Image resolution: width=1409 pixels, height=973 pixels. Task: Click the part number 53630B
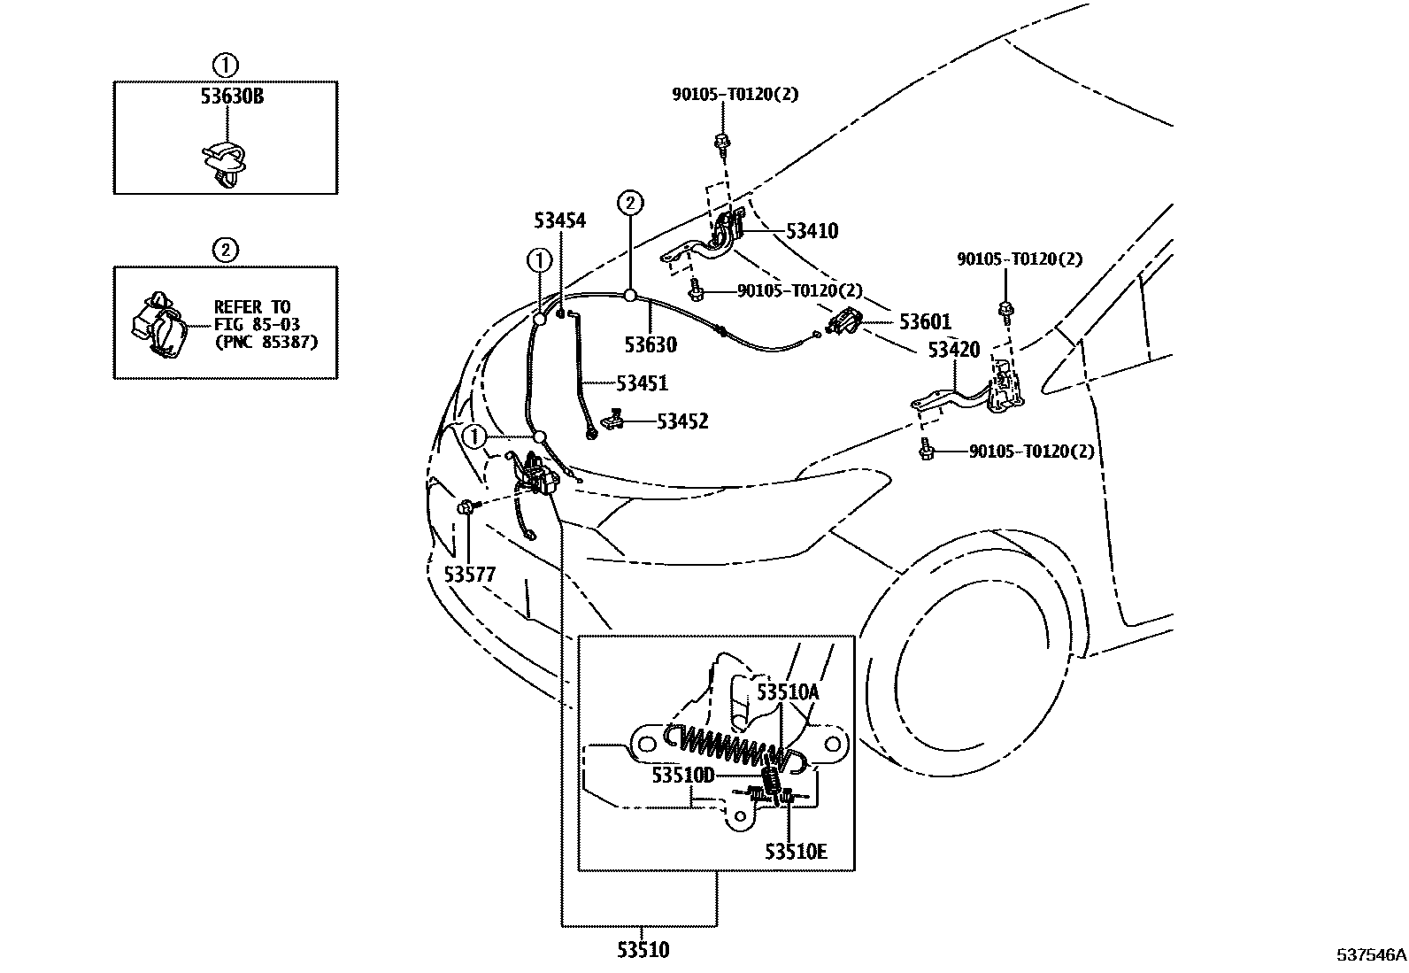pyautogui.click(x=231, y=97)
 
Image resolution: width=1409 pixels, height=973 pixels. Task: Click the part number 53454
pyautogui.click(x=559, y=220)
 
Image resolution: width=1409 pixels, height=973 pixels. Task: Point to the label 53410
pyautogui.click(x=812, y=231)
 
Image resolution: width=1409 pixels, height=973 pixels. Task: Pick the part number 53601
pyautogui.click(x=925, y=322)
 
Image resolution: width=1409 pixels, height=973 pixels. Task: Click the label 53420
pyautogui.click(x=954, y=350)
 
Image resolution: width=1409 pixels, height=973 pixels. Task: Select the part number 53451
pyautogui.click(x=642, y=383)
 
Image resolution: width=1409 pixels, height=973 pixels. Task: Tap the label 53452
pyautogui.click(x=682, y=422)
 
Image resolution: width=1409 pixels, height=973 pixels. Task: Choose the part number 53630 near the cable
pyautogui.click(x=650, y=344)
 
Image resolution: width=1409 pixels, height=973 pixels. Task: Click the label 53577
pyautogui.click(x=469, y=575)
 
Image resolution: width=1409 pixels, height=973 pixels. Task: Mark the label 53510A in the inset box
pyautogui.click(x=787, y=692)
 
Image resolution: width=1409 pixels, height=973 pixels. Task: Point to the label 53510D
pyautogui.click(x=682, y=776)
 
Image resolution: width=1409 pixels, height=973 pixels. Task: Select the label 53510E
pyautogui.click(x=796, y=852)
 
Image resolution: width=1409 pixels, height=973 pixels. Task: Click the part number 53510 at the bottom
pyautogui.click(x=643, y=950)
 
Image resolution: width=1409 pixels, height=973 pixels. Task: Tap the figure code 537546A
pyautogui.click(x=1371, y=956)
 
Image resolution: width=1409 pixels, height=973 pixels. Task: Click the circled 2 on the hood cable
pyautogui.click(x=629, y=203)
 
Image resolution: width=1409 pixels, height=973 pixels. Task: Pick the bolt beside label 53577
pyautogui.click(x=466, y=507)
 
